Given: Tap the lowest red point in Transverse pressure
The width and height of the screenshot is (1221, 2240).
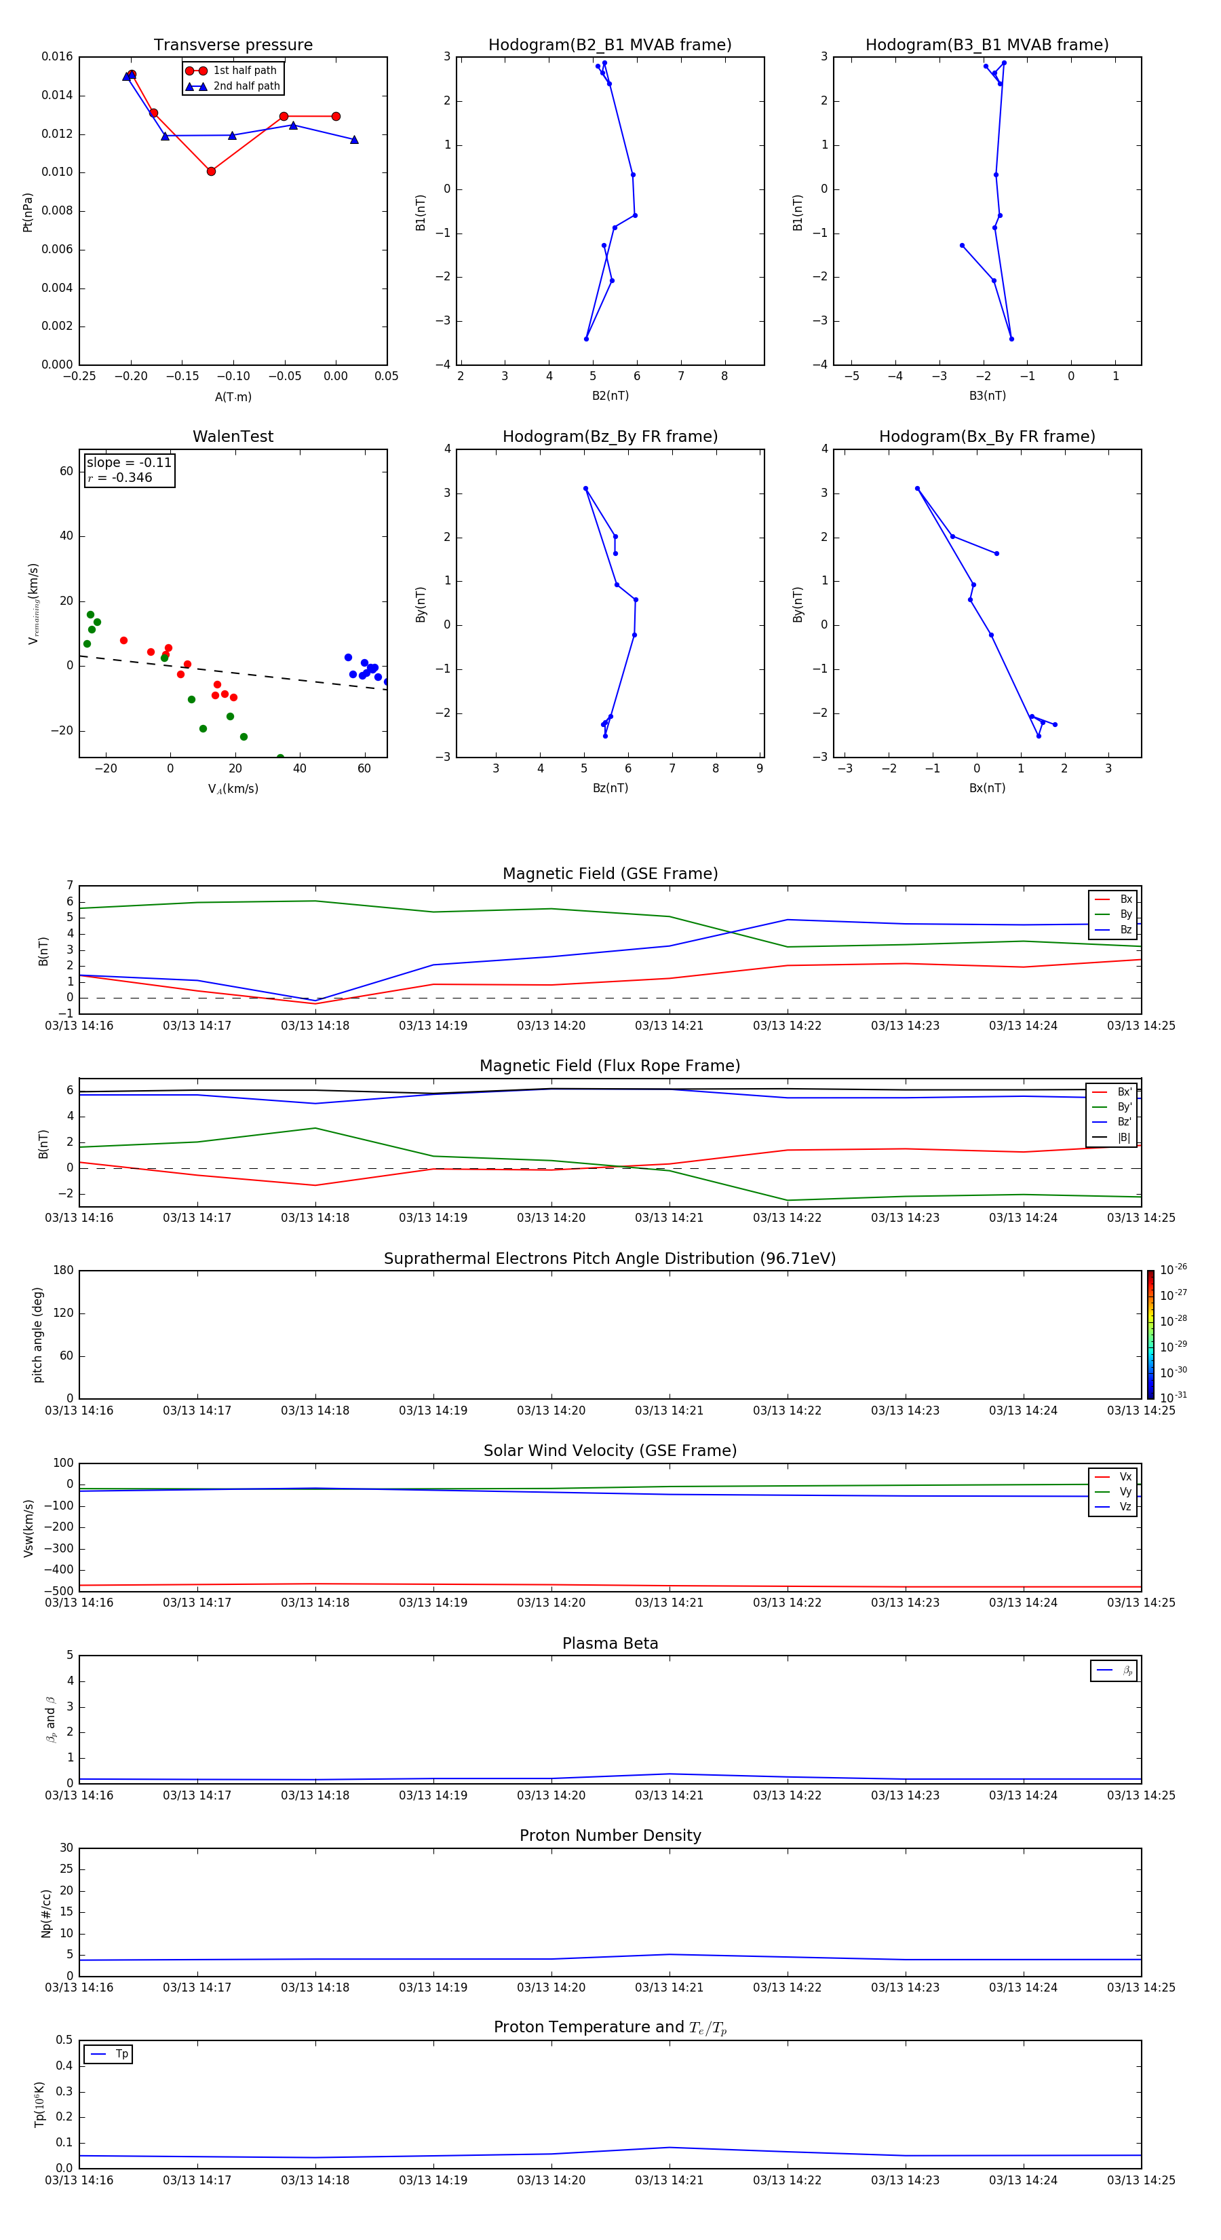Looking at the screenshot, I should [211, 171].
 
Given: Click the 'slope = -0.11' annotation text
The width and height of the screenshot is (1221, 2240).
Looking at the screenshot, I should [129, 463].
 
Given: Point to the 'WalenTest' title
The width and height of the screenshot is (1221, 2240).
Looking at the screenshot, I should [233, 436].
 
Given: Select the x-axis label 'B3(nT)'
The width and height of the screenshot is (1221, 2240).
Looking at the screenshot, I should [987, 396].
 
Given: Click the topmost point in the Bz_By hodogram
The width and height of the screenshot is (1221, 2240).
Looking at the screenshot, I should [585, 489].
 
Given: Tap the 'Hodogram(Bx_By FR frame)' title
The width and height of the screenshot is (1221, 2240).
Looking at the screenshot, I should [986, 436].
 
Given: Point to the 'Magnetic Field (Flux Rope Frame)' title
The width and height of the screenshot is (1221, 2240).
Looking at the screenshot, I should [609, 1066].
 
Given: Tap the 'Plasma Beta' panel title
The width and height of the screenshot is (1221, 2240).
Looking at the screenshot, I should [609, 1643].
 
